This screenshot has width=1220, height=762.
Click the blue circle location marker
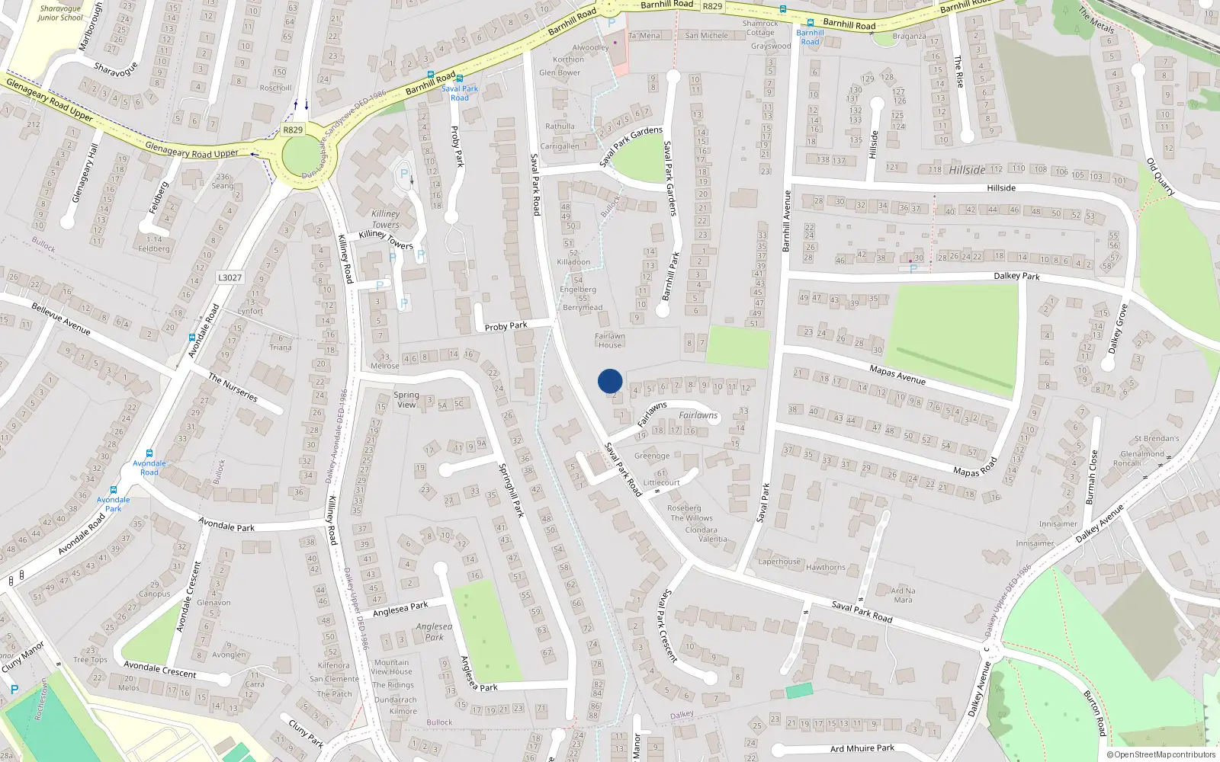[610, 381]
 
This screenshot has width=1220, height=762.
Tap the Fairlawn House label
[609, 340]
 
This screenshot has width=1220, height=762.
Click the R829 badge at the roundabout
[293, 130]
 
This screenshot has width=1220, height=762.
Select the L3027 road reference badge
[230, 277]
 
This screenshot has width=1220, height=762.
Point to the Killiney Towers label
[386, 219]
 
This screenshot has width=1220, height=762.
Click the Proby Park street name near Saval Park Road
[506, 326]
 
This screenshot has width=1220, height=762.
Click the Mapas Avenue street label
[897, 374]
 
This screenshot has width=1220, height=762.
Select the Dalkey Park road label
[1016, 276]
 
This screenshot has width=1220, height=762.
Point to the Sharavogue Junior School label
[60, 13]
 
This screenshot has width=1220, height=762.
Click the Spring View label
[406, 399]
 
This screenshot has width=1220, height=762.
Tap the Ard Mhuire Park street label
[862, 748]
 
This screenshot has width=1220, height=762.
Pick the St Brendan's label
[1156, 438]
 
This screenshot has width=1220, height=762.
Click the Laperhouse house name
[779, 562]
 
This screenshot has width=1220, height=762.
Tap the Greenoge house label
[652, 456]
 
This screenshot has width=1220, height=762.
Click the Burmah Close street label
[1091, 478]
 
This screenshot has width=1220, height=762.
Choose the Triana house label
[281, 347]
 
